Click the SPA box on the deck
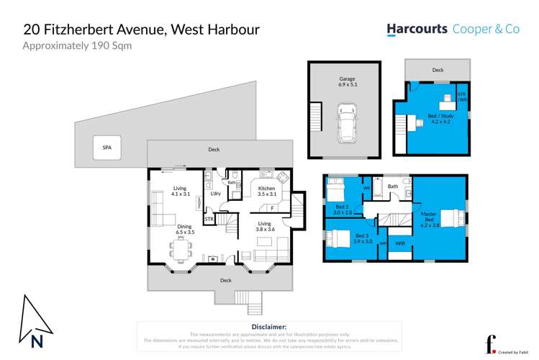(x=107, y=148)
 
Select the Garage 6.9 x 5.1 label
(x=348, y=81)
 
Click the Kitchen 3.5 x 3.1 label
(x=267, y=191)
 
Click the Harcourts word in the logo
(x=417, y=30)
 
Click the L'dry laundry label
(x=215, y=193)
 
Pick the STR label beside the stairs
(x=209, y=218)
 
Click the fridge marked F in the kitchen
(x=273, y=209)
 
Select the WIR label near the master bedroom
(x=400, y=243)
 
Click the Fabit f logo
(x=492, y=343)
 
